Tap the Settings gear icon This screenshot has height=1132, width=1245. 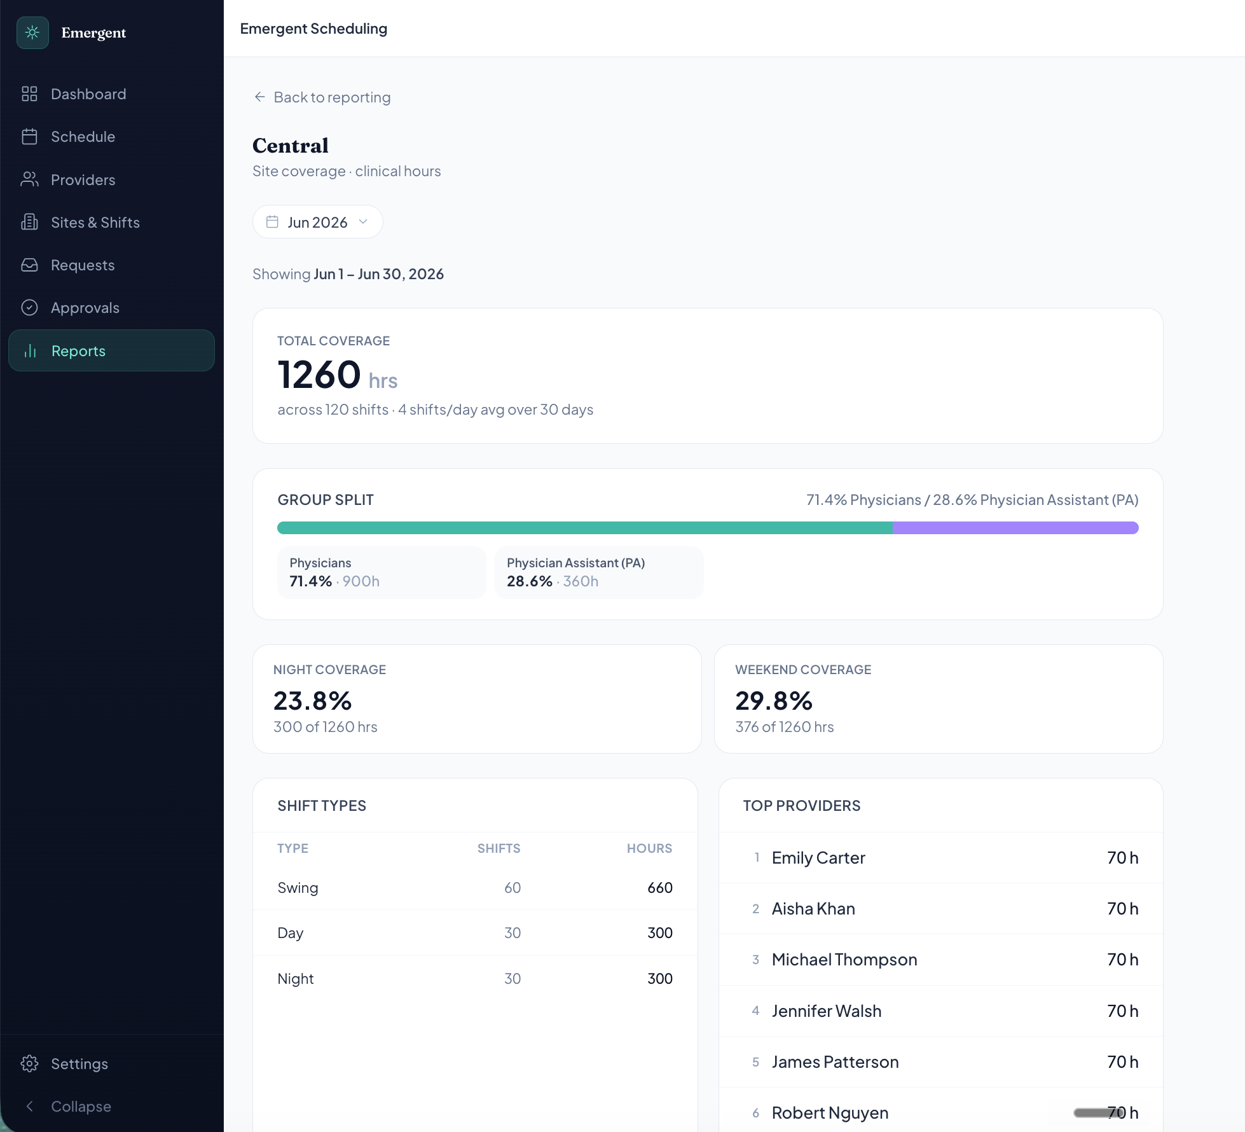[x=29, y=1063]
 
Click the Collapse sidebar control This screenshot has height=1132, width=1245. [x=67, y=1107]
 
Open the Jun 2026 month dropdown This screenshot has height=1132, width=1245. [x=317, y=222]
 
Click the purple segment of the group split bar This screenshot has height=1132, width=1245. [x=1015, y=528]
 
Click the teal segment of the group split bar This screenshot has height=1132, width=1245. [x=585, y=528]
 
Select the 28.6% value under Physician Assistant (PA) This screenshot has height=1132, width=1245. [x=530, y=581]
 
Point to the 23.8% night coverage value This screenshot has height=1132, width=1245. [x=312, y=701]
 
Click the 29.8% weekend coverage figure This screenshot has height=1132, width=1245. [x=774, y=701]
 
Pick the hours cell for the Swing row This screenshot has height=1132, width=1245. [x=660, y=888]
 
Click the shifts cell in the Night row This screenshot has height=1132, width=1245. [x=512, y=979]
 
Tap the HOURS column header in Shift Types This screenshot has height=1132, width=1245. [x=649, y=848]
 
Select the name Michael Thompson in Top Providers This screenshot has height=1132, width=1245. [x=844, y=960]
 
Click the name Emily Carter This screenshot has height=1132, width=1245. [x=818, y=858]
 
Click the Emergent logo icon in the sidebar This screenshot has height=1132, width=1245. [x=32, y=32]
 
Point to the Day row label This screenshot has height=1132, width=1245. [x=291, y=933]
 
